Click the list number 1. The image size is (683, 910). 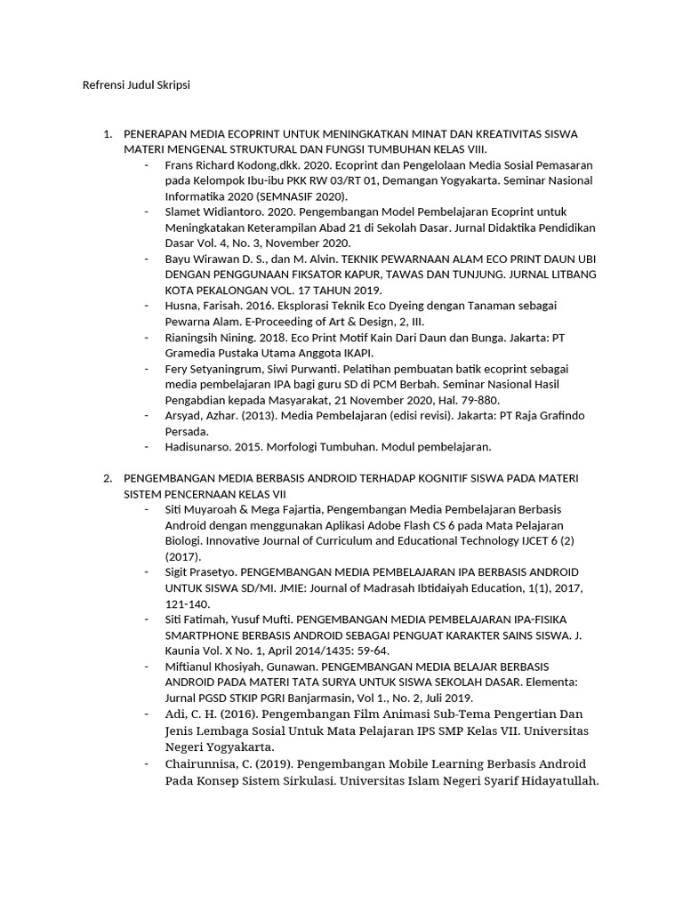tap(107, 134)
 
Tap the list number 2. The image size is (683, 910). tap(107, 478)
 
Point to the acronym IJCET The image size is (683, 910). tap(531, 540)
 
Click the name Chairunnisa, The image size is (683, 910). tap(204, 764)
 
